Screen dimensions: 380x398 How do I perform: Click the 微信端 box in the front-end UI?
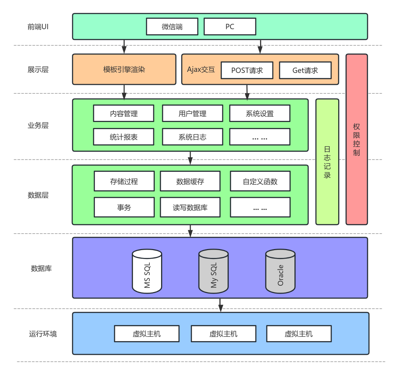coord(172,27)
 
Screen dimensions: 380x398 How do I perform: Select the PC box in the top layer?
coord(230,27)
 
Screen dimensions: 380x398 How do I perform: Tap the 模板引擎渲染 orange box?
coord(124,69)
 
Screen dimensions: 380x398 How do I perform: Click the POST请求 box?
coord(247,70)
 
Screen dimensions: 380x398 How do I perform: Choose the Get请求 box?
coord(305,70)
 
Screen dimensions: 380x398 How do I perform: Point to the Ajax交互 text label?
coord(201,69)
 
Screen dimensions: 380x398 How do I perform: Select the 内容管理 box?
coord(123,114)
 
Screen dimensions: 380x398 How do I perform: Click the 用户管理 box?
coord(192,114)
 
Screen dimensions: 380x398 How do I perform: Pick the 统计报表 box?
coord(123,137)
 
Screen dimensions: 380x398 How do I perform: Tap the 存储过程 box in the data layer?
coord(124,181)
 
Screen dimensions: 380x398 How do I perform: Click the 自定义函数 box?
coord(260,181)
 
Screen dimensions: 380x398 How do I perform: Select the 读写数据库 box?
coord(190,207)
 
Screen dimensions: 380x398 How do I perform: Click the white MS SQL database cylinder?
coord(147,271)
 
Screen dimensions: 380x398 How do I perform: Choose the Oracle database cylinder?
coord(280,271)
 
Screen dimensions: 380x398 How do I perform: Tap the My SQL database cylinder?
coord(213,271)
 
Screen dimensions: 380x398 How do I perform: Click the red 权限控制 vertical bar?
coord(356,139)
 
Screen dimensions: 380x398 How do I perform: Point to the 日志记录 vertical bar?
coord(327,162)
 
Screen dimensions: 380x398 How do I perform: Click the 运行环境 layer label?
coord(43,334)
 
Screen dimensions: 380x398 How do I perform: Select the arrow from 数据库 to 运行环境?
coord(221,305)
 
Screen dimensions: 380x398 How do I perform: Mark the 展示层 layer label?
coord(38,69)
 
